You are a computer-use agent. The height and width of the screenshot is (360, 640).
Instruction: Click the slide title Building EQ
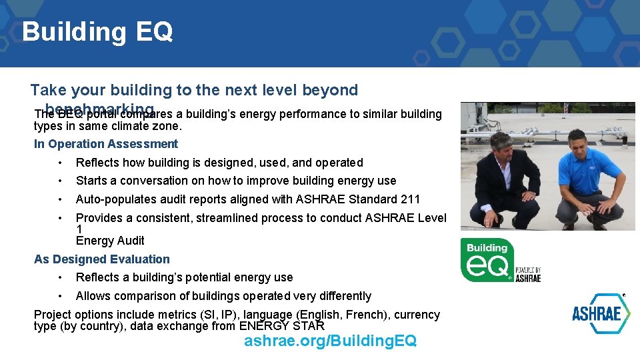[97, 31]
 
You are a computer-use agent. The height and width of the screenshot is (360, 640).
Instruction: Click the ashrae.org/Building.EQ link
[330, 341]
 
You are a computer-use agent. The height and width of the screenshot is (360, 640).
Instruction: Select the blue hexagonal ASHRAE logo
[601, 313]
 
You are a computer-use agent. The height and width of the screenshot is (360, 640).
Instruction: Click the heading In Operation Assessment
[106, 144]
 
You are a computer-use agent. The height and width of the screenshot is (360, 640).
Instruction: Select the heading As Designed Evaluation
[102, 259]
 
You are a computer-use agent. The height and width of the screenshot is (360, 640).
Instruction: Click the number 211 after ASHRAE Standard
[409, 199]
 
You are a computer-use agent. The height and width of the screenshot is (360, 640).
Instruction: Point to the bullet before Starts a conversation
[60, 181]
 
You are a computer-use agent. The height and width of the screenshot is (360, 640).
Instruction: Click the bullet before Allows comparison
[60, 296]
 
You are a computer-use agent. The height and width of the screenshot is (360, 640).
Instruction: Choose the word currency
[417, 315]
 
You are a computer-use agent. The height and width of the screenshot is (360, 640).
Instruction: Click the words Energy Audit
[110, 241]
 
